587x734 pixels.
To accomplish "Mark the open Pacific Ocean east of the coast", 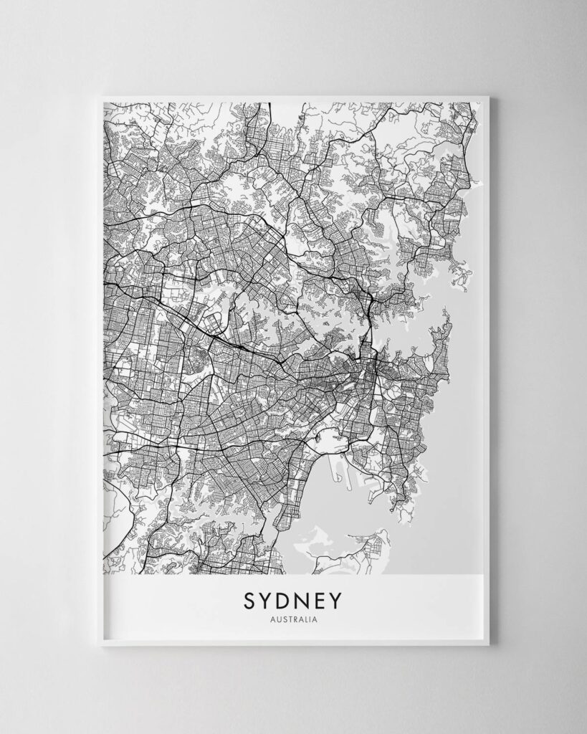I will (459, 430).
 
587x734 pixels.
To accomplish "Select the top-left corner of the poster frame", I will (101, 97).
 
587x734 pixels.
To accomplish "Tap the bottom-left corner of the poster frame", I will (101, 644).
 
